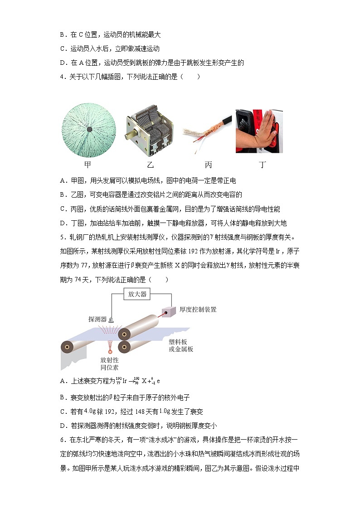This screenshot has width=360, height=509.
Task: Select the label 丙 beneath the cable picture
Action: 208,165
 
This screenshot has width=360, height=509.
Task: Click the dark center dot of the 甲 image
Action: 89,130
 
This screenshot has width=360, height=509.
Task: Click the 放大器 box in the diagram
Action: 137,294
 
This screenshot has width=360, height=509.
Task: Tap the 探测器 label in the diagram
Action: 97,319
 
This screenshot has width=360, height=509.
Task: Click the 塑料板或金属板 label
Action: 181,345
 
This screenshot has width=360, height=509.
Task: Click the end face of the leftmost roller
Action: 68,348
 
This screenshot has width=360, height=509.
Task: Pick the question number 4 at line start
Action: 62,77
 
